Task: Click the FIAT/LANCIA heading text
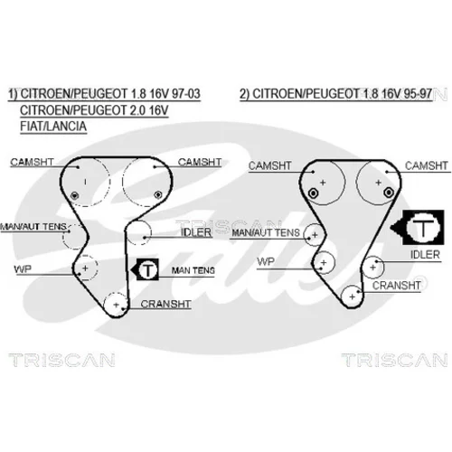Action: (x=53, y=126)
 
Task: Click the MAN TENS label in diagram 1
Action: (x=193, y=270)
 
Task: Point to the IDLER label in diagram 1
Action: (x=196, y=232)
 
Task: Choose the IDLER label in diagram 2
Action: (x=425, y=255)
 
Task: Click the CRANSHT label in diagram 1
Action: (x=165, y=304)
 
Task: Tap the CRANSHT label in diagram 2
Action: (x=396, y=286)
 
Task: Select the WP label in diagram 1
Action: (x=23, y=268)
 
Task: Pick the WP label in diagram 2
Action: (x=266, y=261)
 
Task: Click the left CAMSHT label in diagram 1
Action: (x=32, y=162)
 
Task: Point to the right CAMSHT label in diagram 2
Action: (x=426, y=165)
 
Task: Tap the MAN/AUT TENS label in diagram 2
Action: (x=266, y=232)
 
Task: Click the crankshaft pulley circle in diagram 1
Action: (x=116, y=305)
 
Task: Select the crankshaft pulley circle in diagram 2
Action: (x=353, y=297)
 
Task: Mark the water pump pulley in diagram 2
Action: (x=324, y=262)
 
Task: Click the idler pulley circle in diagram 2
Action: (x=373, y=267)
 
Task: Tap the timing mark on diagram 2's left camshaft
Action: (x=314, y=193)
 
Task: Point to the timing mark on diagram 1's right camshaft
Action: (x=157, y=195)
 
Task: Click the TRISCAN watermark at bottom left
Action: (x=61, y=360)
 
